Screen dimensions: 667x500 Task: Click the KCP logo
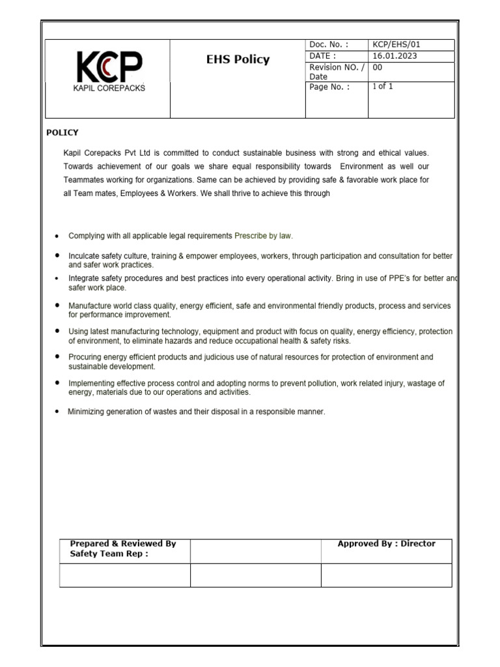pyautogui.click(x=109, y=67)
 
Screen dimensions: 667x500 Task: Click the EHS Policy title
pyautogui.click(x=237, y=60)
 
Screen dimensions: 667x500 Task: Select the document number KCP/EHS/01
pyautogui.click(x=396, y=45)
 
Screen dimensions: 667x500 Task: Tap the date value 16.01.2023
pyautogui.click(x=395, y=56)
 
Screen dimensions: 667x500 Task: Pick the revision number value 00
pyautogui.click(x=377, y=67)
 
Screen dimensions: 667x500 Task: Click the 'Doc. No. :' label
pyautogui.click(x=329, y=45)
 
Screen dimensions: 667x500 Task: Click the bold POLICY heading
pyautogui.click(x=62, y=132)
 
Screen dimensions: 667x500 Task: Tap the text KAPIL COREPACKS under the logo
pyautogui.click(x=109, y=88)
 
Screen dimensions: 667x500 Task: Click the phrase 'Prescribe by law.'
pyautogui.click(x=259, y=236)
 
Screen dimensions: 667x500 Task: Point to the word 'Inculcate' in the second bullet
pyautogui.click(x=85, y=256)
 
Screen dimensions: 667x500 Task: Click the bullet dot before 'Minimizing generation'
pyautogui.click(x=58, y=412)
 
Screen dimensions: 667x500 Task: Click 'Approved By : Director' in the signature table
pyautogui.click(x=386, y=543)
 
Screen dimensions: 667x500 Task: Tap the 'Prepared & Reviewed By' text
pyautogui.click(x=122, y=543)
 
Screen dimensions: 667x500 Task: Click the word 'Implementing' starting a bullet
pyautogui.click(x=91, y=384)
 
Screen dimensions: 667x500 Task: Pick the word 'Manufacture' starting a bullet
pyautogui.click(x=90, y=305)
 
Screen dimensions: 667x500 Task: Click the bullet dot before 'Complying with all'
pyautogui.click(x=58, y=236)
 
